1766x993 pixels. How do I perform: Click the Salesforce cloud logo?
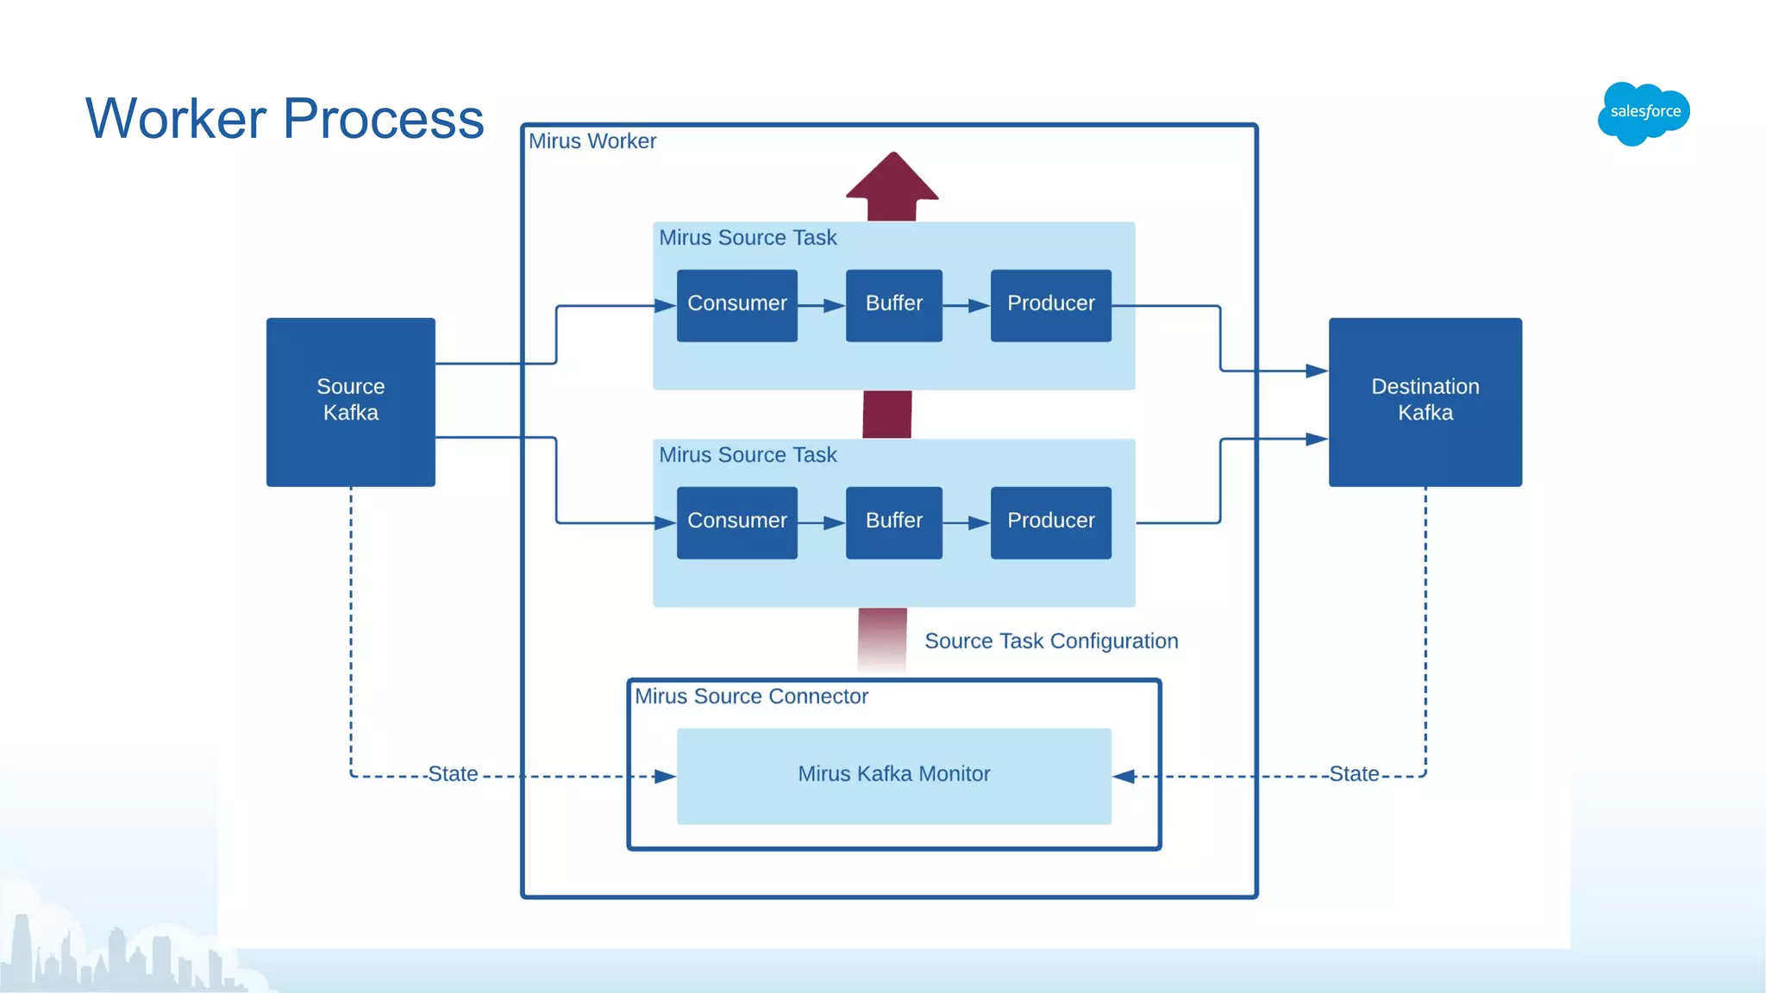tap(1644, 113)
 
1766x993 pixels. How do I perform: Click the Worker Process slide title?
tap(285, 118)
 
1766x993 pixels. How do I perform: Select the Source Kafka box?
tap(350, 401)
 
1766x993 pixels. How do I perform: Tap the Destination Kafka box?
tap(1425, 401)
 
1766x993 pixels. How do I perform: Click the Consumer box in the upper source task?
tap(736, 304)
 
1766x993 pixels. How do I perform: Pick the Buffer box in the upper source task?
tap(893, 304)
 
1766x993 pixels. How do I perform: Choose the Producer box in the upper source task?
tap(1050, 304)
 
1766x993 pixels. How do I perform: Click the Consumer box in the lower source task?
tap(736, 521)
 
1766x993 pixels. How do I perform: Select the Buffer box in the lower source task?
tap(893, 521)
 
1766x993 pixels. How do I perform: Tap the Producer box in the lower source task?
tap(1050, 521)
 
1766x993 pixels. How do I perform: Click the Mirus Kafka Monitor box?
tap(893, 775)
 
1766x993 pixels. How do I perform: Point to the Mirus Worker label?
tap(592, 141)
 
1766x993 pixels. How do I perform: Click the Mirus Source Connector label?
tap(751, 696)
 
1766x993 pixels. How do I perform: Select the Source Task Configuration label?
tap(1050, 641)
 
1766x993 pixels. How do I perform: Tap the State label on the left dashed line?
tap(453, 774)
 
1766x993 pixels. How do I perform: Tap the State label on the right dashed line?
tap(1353, 774)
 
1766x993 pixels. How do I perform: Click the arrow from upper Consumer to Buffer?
tap(821, 306)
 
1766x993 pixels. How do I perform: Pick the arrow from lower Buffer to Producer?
tap(966, 523)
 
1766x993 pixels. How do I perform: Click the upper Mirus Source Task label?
tap(748, 238)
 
